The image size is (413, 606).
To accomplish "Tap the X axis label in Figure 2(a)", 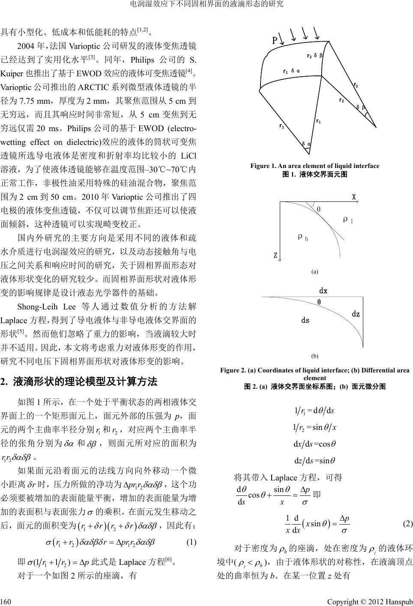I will click(354, 198).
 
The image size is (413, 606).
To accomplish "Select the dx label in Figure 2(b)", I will click(323, 291).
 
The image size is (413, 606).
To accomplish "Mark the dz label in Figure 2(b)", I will click(356, 314).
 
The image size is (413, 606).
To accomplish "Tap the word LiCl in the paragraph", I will click(189, 155).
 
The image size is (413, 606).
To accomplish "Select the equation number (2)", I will click(407, 524).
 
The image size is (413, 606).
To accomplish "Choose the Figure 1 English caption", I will click(315, 166).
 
